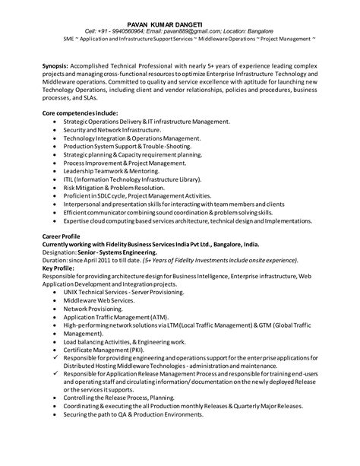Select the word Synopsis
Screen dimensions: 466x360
point(55,65)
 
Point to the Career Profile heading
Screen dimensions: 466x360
point(62,236)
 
